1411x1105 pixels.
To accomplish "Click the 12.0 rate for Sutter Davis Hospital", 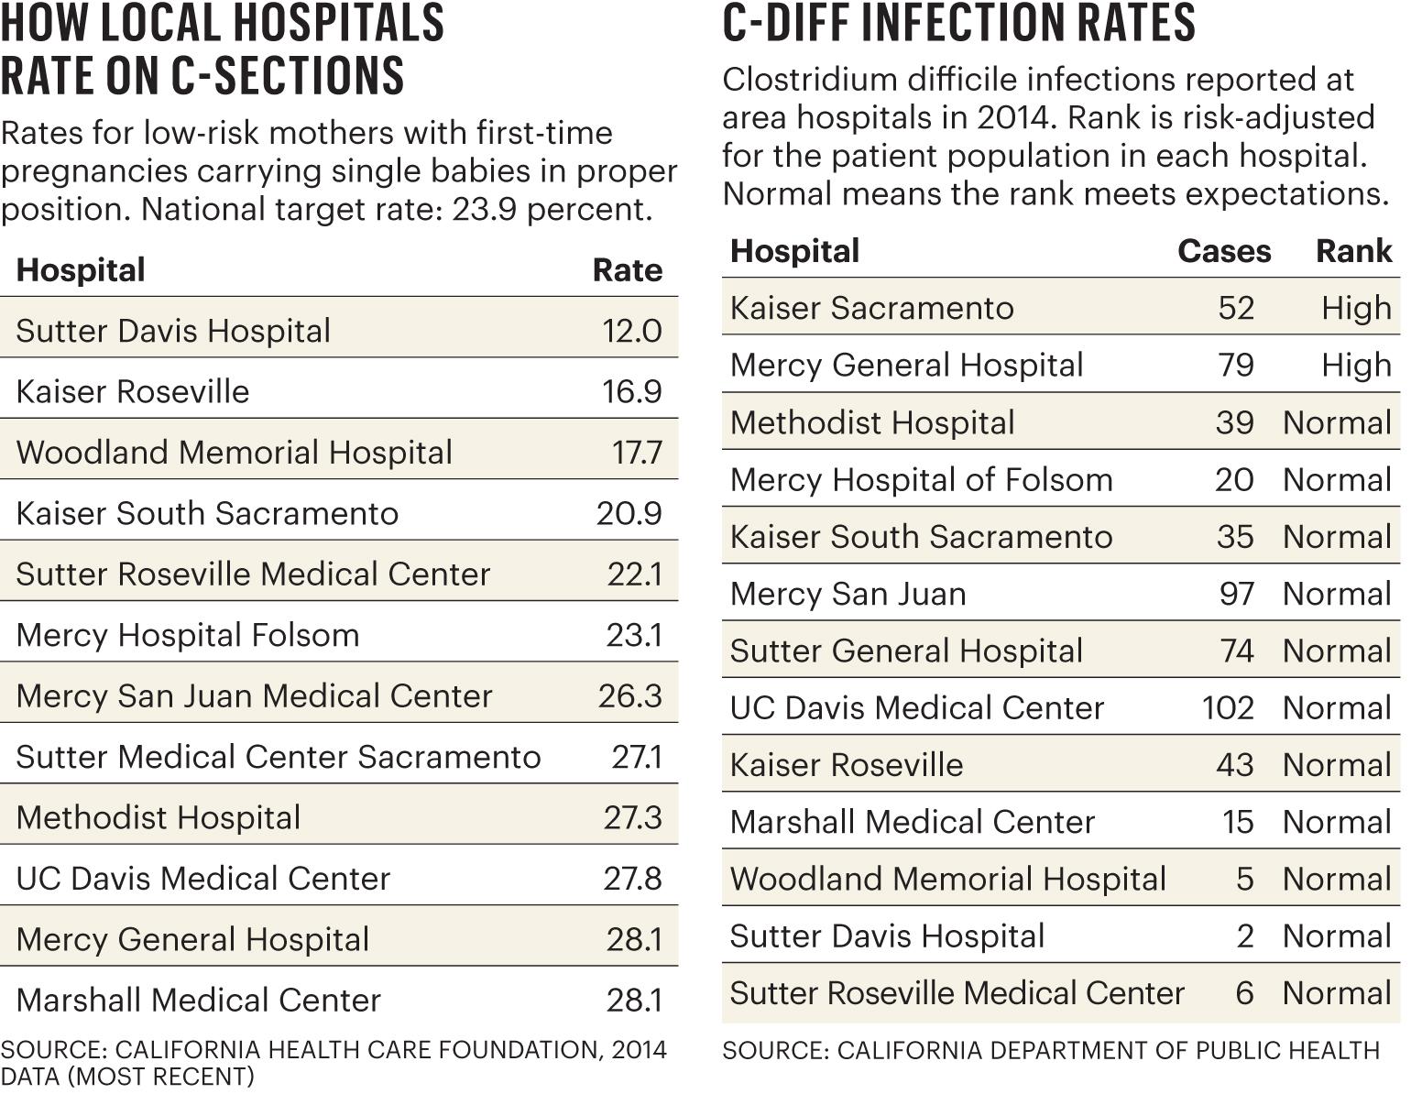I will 631,331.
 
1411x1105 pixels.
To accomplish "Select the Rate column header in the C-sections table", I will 627,270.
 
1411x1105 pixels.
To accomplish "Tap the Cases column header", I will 1223,251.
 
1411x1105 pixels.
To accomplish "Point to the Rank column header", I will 1353,251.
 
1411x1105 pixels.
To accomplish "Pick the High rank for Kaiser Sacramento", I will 1356,308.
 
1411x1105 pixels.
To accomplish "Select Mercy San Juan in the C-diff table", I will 848,594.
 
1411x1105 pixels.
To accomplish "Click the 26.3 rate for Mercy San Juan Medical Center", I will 629,695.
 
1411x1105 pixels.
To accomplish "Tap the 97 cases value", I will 1236,594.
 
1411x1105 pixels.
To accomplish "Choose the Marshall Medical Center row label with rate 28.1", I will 198,1000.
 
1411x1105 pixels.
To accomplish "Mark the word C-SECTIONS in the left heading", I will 288,75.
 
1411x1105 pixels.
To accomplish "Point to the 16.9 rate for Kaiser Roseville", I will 631,391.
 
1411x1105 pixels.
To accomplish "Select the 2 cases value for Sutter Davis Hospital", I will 1244,935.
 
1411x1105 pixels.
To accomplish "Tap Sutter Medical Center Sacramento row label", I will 278,757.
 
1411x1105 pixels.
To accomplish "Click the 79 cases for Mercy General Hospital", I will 1236,365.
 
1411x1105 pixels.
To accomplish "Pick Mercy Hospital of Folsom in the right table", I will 921,479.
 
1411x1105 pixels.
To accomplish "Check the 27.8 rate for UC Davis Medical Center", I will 632,878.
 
